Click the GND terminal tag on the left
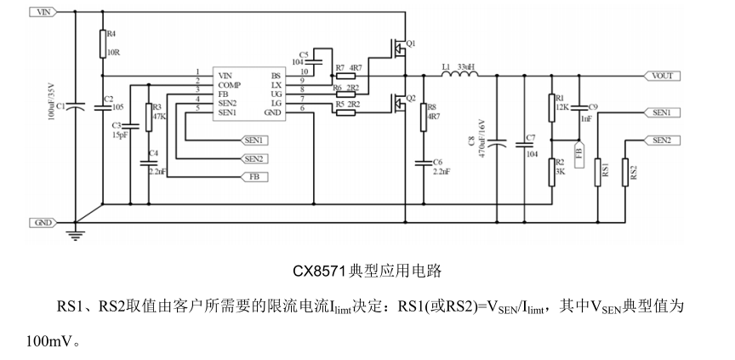point(44,222)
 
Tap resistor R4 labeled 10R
point(102,43)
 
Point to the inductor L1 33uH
point(454,75)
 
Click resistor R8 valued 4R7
point(423,117)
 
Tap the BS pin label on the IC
point(276,75)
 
